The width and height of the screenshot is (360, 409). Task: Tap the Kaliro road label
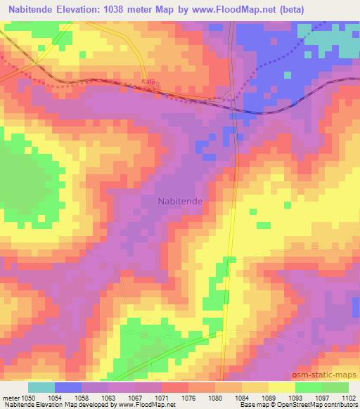pos(149,84)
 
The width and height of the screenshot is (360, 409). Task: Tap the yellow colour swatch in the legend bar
pos(281,387)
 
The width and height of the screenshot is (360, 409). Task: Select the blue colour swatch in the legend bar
pos(67,387)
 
